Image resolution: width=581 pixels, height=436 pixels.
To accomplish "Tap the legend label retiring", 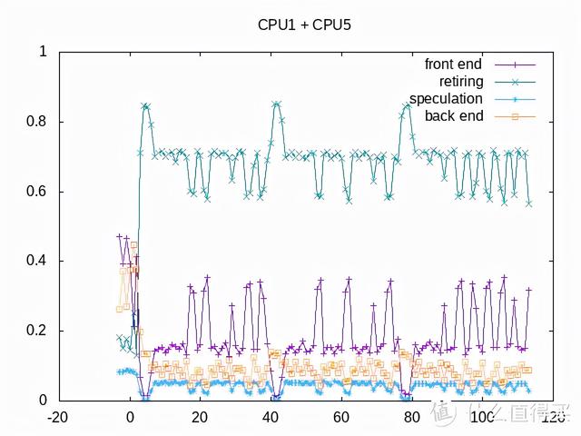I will (x=463, y=81).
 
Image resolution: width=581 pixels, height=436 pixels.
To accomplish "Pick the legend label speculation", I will (x=447, y=98).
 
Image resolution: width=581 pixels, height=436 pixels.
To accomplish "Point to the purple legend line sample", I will (x=515, y=64).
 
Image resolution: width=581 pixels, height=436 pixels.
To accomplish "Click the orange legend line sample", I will (x=515, y=116).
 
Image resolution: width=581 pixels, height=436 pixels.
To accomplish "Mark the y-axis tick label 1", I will (x=42, y=52).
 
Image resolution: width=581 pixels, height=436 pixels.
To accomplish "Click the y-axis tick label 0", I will (x=42, y=400).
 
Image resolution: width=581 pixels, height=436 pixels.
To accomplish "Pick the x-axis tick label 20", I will (x=200, y=419).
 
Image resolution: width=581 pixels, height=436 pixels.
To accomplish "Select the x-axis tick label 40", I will (x=271, y=419).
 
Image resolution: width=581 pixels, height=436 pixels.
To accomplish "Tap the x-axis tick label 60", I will (x=340, y=419).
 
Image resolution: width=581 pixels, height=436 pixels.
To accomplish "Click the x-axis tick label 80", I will (x=411, y=419).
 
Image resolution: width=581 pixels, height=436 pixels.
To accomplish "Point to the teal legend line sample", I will (x=515, y=82).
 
